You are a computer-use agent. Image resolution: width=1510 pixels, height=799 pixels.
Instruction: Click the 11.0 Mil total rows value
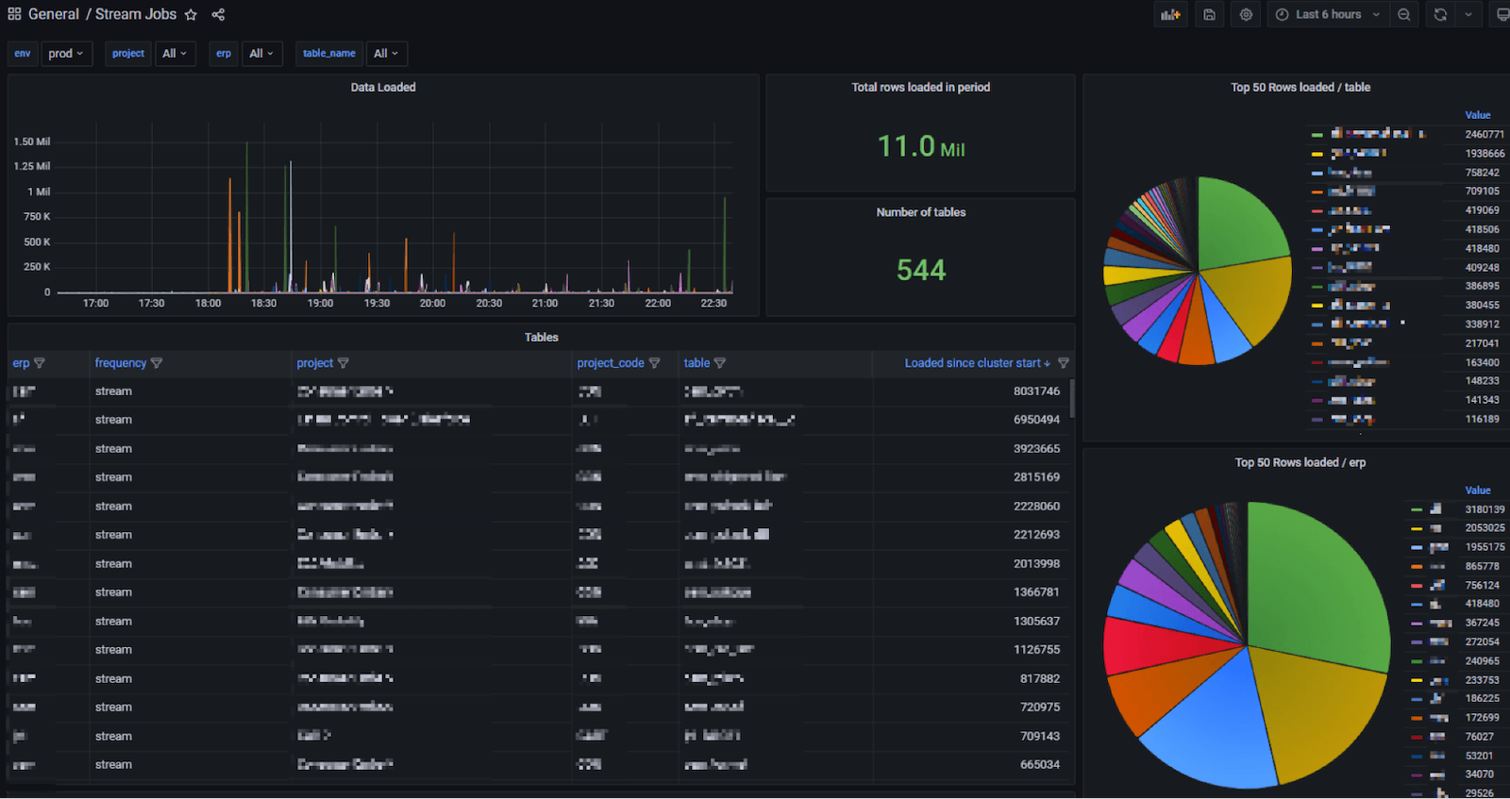point(920,147)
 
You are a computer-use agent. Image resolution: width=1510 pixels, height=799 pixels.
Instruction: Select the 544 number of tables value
point(920,271)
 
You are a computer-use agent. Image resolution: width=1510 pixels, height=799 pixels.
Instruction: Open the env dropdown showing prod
point(66,54)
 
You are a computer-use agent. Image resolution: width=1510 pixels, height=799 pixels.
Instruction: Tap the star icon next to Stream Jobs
point(191,15)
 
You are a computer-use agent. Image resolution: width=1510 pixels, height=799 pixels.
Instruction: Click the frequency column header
point(121,363)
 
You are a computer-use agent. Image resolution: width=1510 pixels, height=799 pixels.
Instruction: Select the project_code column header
point(611,363)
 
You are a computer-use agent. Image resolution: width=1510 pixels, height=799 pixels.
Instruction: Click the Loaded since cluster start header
point(972,363)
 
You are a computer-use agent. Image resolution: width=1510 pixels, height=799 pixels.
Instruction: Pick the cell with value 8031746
point(1036,391)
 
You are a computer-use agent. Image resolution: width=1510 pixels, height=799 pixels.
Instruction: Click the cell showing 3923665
point(1036,449)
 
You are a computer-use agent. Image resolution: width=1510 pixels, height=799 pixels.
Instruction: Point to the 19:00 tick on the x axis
point(320,304)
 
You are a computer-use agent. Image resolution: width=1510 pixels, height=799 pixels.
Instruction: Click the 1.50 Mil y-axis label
point(32,141)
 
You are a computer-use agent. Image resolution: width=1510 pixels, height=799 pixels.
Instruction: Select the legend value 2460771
point(1485,135)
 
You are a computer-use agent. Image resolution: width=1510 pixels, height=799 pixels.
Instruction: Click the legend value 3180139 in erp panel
point(1485,509)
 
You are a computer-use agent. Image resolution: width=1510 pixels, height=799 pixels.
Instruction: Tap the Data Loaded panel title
point(383,88)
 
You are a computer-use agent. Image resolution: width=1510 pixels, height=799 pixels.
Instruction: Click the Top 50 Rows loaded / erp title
point(1300,463)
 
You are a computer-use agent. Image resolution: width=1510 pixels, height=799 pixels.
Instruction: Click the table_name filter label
point(328,54)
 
